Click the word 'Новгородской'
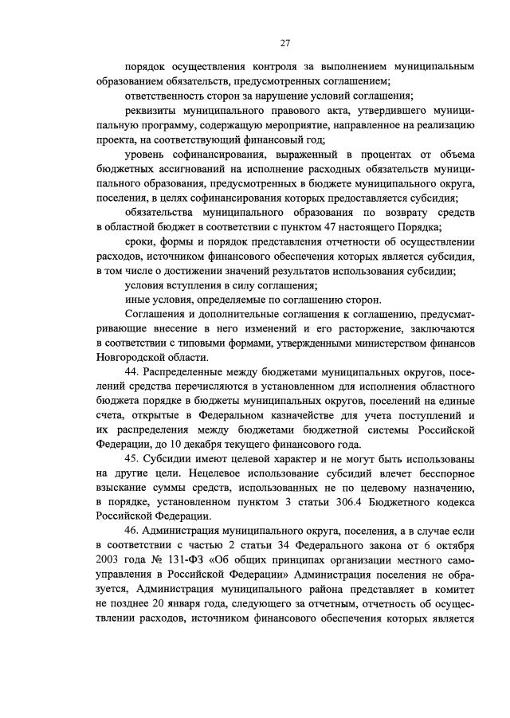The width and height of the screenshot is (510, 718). pyautogui.click(x=131, y=358)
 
